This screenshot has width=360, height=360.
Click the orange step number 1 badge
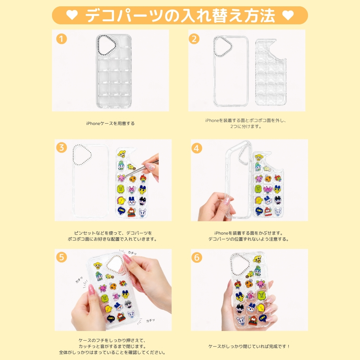tap(61, 39)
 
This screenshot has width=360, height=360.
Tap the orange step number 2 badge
tap(194, 39)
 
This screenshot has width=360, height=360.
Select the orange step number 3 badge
tap(61, 148)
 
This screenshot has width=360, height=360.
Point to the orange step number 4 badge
tap(197, 148)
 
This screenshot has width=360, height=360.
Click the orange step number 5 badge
tap(61, 257)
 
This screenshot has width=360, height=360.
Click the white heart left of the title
tap(72, 15)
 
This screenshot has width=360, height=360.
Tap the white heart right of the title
tap(288, 15)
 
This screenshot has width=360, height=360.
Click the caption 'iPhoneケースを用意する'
tap(110, 124)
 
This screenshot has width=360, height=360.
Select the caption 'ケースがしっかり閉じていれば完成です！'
tap(249, 346)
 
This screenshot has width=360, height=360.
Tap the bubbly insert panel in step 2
tap(271, 73)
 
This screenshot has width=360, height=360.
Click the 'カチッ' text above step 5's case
tap(132, 253)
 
